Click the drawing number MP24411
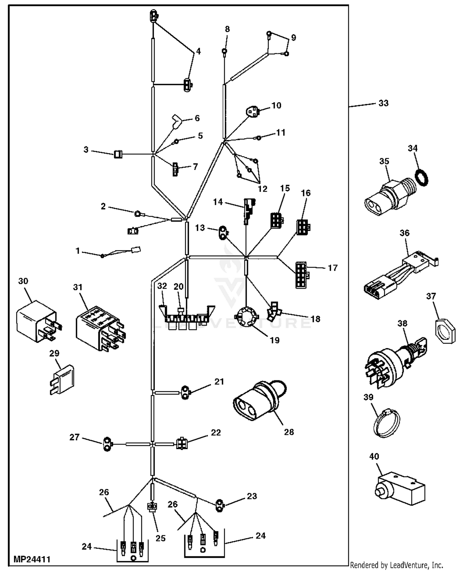(32, 559)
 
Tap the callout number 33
(383, 103)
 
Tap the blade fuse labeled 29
(63, 379)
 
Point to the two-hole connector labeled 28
(258, 400)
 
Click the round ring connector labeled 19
(246, 316)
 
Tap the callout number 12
(262, 189)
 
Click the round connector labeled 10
(252, 112)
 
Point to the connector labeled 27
(107, 444)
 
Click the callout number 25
(161, 538)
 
